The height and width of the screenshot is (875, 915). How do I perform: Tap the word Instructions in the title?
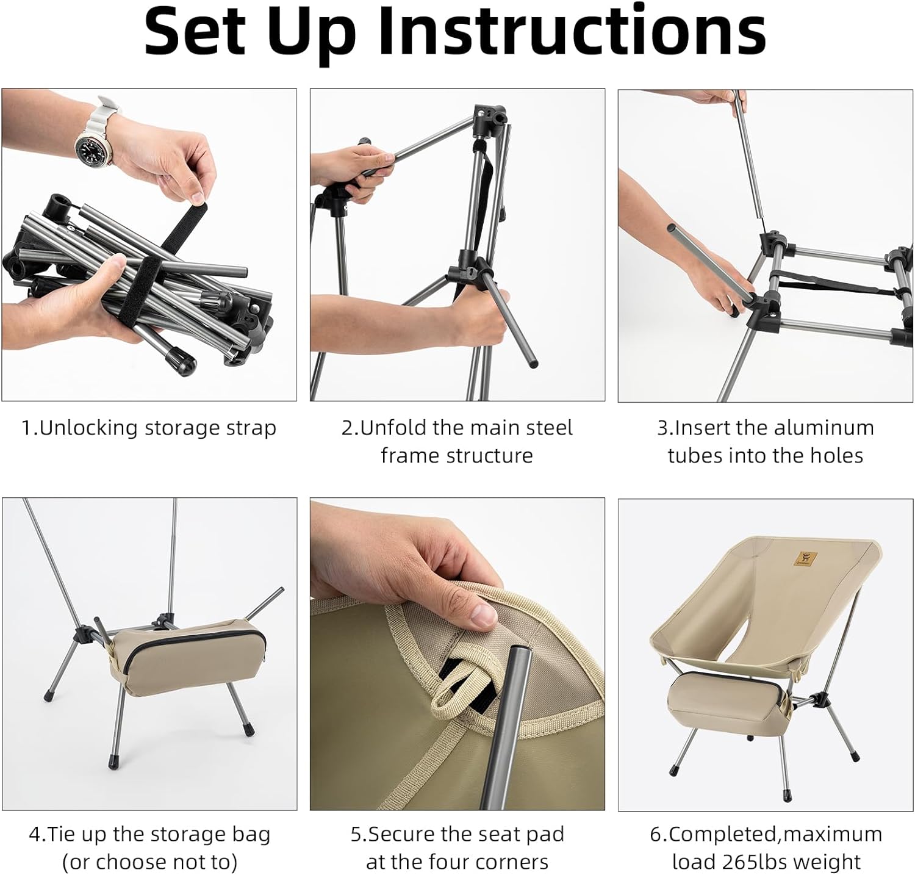click(x=572, y=31)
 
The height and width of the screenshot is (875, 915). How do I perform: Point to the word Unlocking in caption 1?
click(x=89, y=428)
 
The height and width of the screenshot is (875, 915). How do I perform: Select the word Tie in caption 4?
click(x=61, y=834)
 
